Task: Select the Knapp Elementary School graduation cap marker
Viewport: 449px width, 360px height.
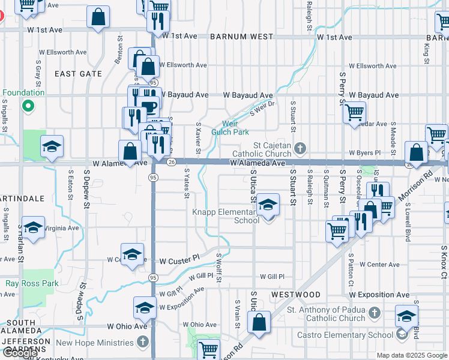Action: click(x=268, y=205)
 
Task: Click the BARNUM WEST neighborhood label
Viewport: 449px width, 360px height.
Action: click(x=242, y=37)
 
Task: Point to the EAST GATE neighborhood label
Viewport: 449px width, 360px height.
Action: click(x=79, y=73)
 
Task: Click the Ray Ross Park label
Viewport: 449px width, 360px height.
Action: click(x=32, y=283)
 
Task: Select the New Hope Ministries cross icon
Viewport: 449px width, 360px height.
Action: click(x=142, y=343)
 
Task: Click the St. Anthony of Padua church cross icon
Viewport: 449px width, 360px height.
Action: click(x=374, y=313)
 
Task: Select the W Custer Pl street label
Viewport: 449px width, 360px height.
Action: click(x=179, y=261)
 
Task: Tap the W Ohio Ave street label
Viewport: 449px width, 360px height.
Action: click(x=127, y=326)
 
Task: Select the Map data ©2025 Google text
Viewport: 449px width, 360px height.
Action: click(x=411, y=355)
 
